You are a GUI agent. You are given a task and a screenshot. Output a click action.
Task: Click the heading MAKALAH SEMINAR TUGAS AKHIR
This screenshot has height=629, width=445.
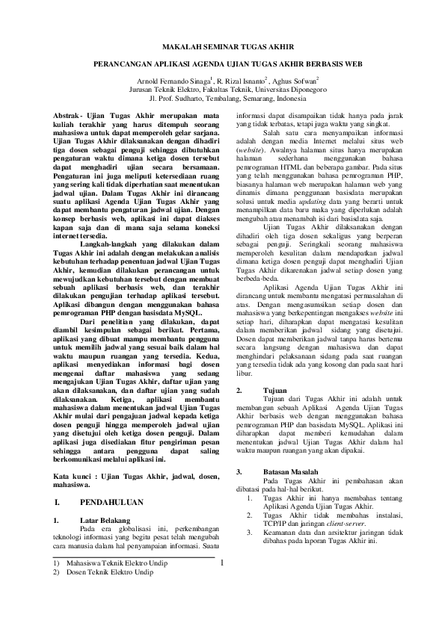point(222,47)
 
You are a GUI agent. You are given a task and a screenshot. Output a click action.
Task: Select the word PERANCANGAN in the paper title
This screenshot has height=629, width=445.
point(128,64)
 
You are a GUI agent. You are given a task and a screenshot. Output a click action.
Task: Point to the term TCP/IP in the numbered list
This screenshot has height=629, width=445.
point(277,523)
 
